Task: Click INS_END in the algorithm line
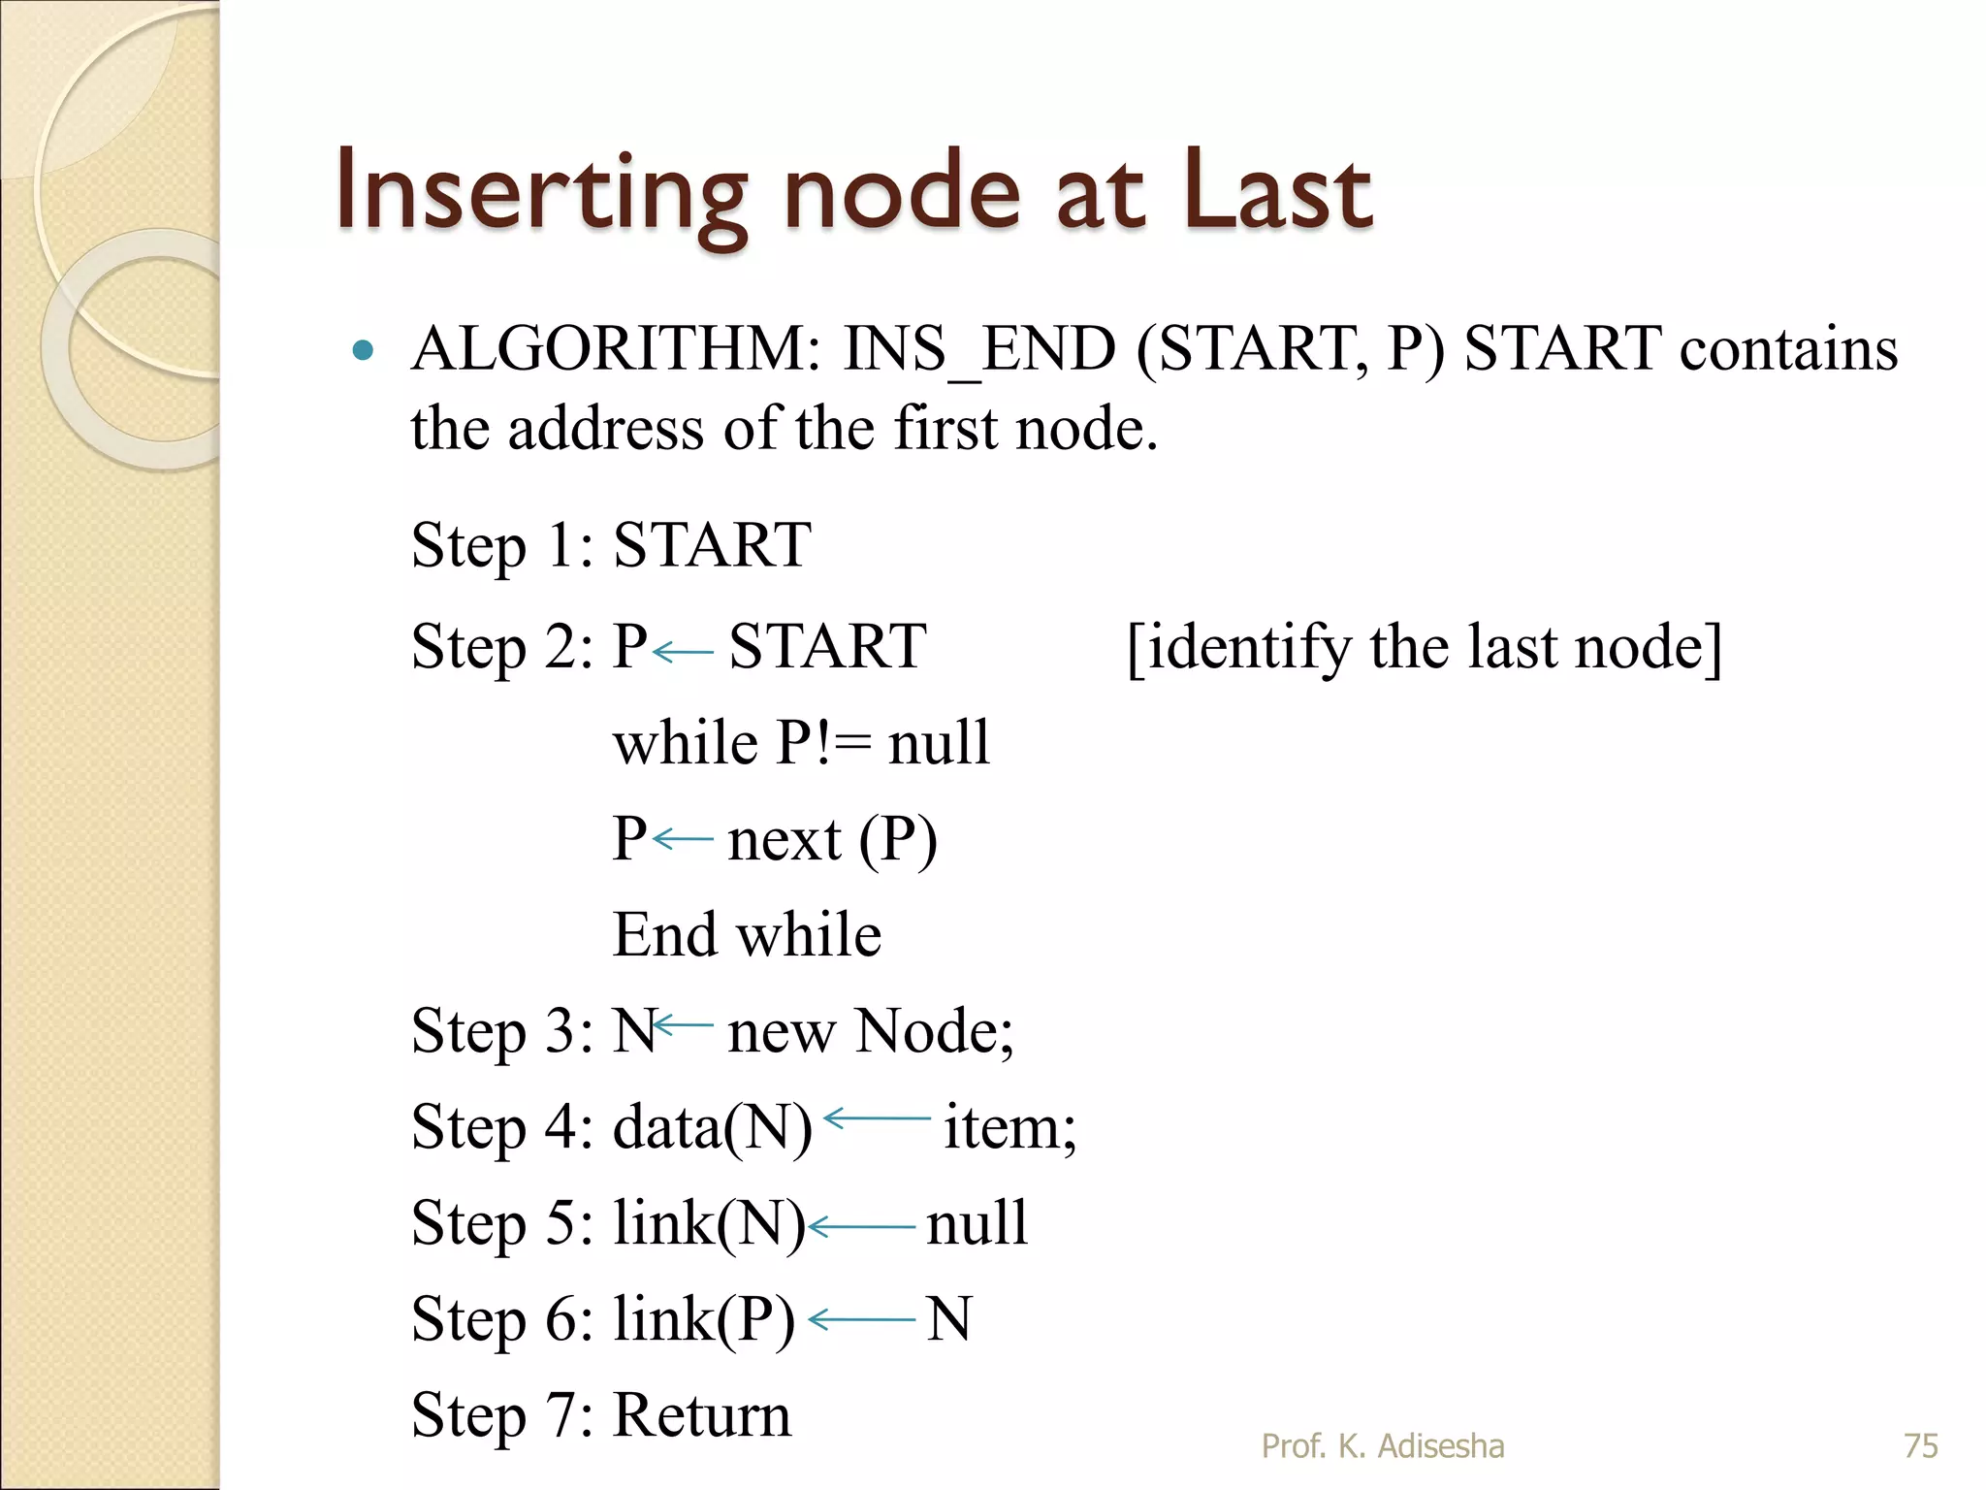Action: (979, 351)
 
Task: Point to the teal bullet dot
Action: (363, 350)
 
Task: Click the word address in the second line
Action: (606, 429)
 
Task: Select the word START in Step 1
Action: (713, 545)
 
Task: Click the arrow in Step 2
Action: (684, 652)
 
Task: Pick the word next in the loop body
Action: (784, 840)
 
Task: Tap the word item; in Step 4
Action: (1009, 1128)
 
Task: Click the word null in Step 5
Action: (977, 1223)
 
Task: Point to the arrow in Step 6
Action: (861, 1319)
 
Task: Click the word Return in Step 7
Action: (703, 1415)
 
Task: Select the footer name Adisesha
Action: (1441, 1446)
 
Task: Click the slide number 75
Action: (1921, 1446)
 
